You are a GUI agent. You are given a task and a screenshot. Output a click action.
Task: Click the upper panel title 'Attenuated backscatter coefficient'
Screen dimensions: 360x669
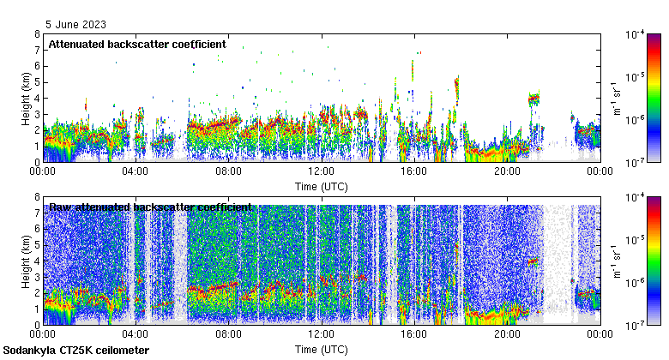[x=137, y=44]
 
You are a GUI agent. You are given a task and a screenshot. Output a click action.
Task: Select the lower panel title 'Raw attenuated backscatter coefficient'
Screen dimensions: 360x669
[x=150, y=207]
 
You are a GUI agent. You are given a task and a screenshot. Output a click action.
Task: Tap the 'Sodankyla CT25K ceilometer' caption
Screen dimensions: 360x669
[x=76, y=351]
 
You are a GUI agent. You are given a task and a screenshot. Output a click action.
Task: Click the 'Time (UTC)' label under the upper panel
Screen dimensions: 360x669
[x=321, y=186]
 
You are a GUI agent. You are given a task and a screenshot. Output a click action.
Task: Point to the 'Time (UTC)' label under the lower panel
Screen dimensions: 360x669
[x=321, y=350]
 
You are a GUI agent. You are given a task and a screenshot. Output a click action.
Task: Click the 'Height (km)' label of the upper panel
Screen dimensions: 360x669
[x=26, y=98]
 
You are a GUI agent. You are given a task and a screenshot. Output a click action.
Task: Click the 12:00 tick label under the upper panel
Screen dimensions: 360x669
[x=321, y=171]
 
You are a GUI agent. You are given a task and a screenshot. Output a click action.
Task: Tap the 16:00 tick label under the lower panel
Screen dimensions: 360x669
[x=413, y=334]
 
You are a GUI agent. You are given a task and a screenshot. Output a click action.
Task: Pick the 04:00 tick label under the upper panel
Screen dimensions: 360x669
[x=136, y=171]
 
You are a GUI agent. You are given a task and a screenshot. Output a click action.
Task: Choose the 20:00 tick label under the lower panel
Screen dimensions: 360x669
[x=506, y=334]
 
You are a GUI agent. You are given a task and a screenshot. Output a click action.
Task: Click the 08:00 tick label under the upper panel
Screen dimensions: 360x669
[x=228, y=171]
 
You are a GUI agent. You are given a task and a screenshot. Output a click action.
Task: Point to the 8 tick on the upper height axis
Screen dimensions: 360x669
[x=36, y=34]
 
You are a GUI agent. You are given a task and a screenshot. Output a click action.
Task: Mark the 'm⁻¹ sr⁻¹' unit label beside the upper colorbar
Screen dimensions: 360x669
[x=615, y=98]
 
